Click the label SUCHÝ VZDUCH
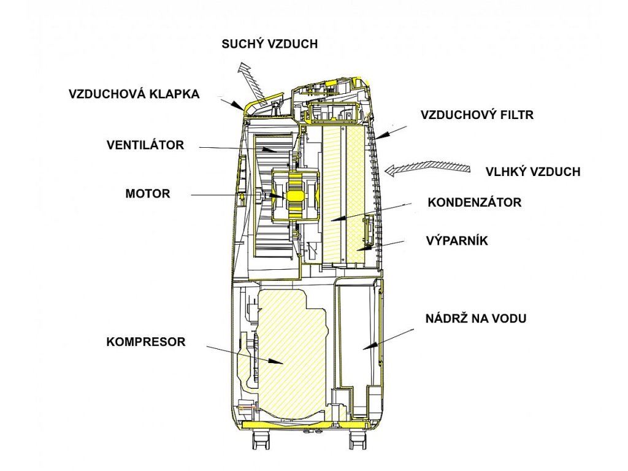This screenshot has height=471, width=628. [x=270, y=44]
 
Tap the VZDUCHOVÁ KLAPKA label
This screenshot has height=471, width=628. [x=134, y=94]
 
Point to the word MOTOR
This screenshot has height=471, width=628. [x=147, y=193]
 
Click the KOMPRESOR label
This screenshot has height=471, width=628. [x=146, y=342]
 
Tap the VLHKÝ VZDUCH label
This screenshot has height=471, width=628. [x=532, y=172]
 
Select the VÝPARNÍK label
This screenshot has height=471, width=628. [x=456, y=240]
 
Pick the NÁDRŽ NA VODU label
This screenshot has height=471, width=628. [x=477, y=318]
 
